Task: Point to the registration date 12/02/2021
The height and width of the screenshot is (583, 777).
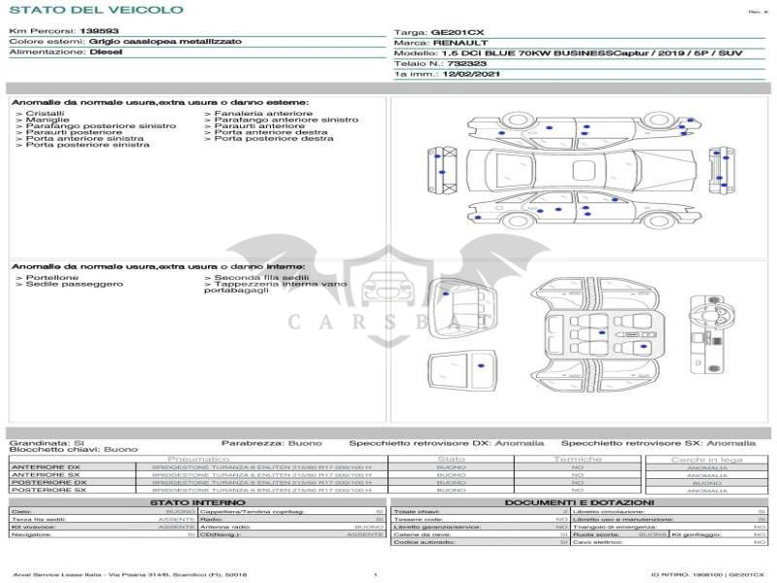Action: [468, 74]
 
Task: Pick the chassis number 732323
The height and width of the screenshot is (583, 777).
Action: [466, 63]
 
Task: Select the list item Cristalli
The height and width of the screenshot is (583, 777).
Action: [45, 114]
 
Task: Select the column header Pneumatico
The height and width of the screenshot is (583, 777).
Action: [198, 459]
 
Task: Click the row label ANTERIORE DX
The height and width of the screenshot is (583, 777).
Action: [46, 467]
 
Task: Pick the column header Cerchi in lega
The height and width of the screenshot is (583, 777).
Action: [706, 459]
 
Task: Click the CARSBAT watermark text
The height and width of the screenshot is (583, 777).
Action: [388, 320]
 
